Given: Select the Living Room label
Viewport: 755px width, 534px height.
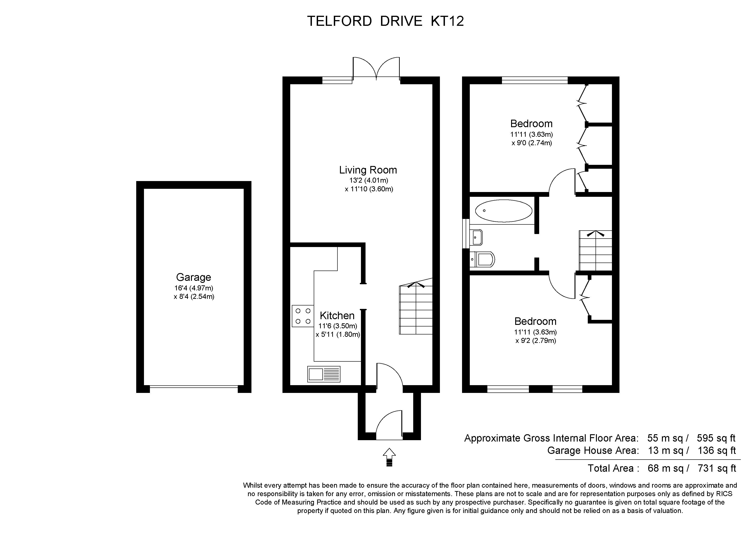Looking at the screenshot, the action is [368, 170].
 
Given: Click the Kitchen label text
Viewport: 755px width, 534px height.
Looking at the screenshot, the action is [337, 316].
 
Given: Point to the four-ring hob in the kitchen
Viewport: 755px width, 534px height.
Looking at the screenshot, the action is [303, 316].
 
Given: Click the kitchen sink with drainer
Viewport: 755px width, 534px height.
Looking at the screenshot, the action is [324, 374].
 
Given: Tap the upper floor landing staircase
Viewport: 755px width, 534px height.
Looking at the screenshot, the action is [595, 250].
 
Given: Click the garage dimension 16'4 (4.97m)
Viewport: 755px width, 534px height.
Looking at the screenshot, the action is [194, 288].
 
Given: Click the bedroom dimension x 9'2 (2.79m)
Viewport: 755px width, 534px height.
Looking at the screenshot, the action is [536, 341].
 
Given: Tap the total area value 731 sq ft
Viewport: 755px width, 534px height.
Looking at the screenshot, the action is [717, 468].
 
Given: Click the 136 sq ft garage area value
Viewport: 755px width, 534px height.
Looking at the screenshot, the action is [717, 450].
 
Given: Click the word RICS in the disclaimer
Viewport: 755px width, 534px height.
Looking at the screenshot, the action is [723, 494].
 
